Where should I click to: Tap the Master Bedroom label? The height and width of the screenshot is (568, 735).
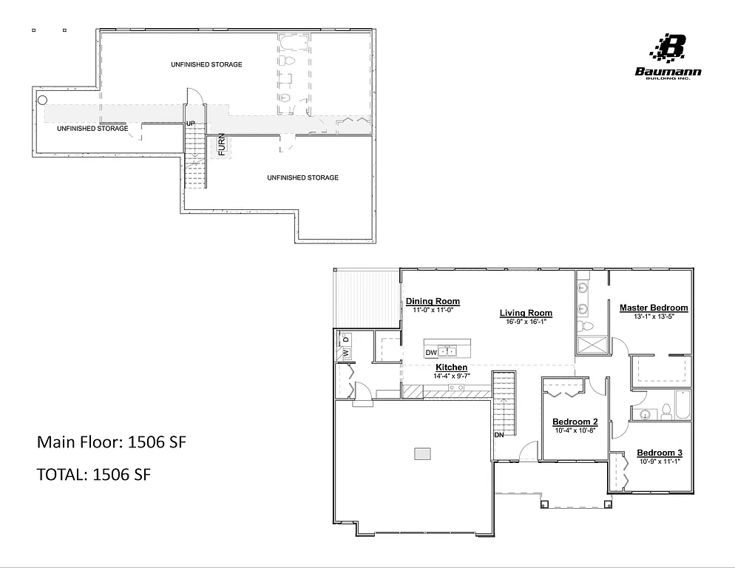tap(654, 308)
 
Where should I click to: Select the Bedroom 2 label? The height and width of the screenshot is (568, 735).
tap(575, 422)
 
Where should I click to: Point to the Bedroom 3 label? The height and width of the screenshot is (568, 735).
tap(659, 453)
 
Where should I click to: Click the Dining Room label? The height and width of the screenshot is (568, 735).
tap(433, 301)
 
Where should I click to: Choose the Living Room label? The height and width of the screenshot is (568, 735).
tap(526, 313)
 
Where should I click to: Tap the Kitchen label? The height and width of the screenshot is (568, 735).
tap(451, 368)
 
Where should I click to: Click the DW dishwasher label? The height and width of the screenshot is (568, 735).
tap(430, 352)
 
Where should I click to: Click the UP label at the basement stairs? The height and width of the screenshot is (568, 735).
tap(190, 123)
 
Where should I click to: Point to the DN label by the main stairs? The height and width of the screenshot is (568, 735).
tap(499, 435)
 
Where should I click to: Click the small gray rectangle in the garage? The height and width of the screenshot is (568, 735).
tap(422, 453)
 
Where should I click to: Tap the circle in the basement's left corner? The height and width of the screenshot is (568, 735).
tap(43, 100)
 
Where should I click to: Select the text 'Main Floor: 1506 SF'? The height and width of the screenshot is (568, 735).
tap(112, 443)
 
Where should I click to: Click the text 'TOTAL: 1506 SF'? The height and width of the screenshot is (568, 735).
tap(94, 475)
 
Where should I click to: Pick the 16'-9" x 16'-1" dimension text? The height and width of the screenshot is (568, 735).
tap(526, 322)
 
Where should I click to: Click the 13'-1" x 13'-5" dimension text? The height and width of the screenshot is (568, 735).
tap(654, 317)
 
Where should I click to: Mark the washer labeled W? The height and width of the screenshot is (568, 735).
tap(345, 354)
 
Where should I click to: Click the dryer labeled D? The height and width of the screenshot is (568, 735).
tap(345, 339)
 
